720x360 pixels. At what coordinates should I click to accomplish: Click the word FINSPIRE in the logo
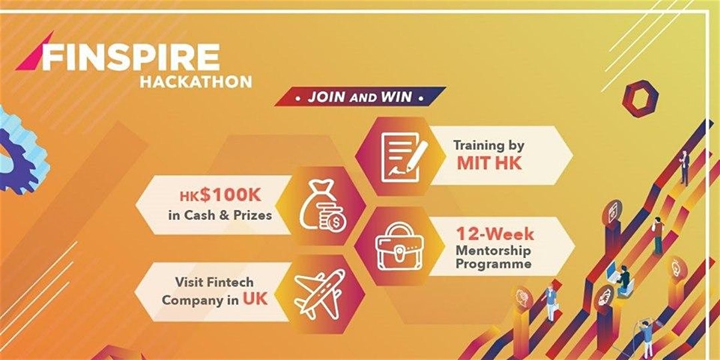(x=131, y=58)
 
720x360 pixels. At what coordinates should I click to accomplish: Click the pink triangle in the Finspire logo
(x=28, y=59)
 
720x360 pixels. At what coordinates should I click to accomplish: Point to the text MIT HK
(x=489, y=162)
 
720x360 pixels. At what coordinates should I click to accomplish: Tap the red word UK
(x=255, y=299)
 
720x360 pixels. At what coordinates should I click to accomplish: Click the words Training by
(x=489, y=144)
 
